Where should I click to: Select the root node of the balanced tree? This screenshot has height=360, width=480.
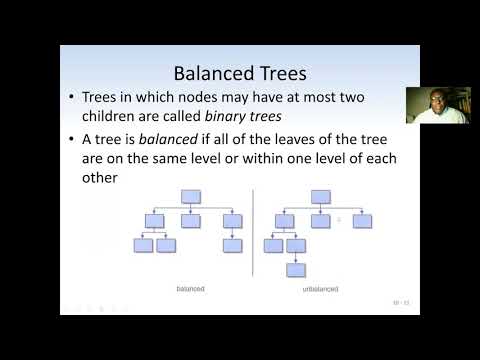[x=192, y=197]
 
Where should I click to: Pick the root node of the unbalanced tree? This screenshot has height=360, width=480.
[x=322, y=197]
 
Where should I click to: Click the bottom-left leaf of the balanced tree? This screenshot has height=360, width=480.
[x=144, y=245]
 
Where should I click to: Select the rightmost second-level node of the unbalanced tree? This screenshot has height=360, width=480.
[x=361, y=220]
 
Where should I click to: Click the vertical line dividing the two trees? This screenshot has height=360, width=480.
[x=254, y=240]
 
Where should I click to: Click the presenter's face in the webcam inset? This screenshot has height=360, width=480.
[x=437, y=103]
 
